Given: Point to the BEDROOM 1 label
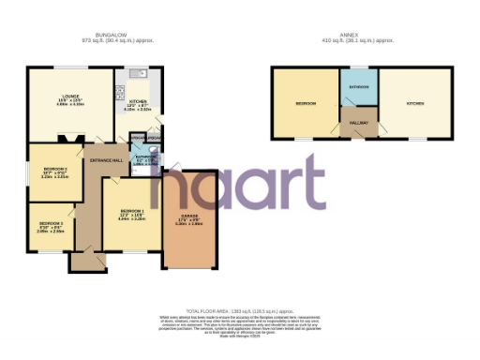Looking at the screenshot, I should click(131, 211).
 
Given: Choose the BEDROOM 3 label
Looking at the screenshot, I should click(50, 223).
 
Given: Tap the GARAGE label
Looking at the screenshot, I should click(191, 218).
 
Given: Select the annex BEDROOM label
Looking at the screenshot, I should click(305, 103).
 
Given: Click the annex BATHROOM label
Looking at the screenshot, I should click(359, 87).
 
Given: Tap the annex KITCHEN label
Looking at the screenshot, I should click(413, 103).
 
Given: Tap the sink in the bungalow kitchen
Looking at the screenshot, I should click(138, 72).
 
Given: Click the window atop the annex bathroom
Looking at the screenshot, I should click(359, 67).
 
